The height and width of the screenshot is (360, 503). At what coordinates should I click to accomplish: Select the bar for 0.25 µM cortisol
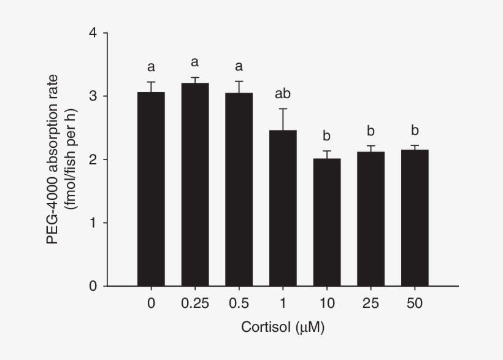click(x=195, y=185)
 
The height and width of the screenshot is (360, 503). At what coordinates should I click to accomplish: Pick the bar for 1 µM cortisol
click(x=283, y=208)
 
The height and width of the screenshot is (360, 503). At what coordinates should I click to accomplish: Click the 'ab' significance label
click(x=283, y=94)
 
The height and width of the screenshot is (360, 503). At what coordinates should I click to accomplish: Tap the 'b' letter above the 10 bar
click(x=327, y=136)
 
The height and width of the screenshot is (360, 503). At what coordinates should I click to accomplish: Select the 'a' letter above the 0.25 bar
click(x=195, y=62)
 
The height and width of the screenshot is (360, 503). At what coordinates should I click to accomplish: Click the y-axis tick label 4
click(x=93, y=33)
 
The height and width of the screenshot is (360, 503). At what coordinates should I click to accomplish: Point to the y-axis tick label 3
click(x=93, y=96)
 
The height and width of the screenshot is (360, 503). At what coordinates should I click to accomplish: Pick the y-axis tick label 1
click(x=93, y=223)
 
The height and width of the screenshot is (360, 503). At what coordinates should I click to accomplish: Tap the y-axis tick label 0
click(x=93, y=286)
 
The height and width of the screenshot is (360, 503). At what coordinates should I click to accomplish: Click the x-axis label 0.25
click(x=195, y=304)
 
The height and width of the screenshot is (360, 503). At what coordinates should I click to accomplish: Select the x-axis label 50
click(x=415, y=304)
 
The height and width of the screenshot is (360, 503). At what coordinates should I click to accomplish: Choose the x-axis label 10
click(x=327, y=304)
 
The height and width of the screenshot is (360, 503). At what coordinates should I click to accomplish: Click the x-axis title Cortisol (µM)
click(x=283, y=328)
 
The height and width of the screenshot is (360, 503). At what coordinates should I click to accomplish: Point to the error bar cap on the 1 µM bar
click(x=283, y=109)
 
